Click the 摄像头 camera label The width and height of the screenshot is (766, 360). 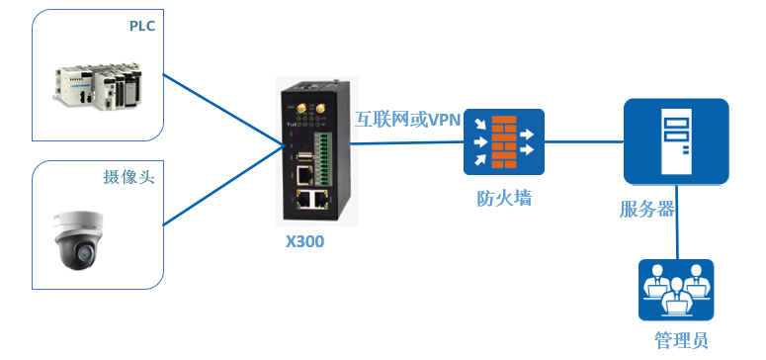coord(129,177)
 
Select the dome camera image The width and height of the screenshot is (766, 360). coord(82,239)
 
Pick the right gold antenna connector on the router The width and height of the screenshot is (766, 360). coord(319,105)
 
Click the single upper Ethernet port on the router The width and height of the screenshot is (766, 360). coord(303,175)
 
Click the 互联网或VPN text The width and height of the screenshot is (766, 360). coord(408,119)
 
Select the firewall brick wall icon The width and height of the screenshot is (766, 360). coord(504,141)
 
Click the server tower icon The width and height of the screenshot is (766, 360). coord(676,141)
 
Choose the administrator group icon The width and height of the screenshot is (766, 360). coord(675,290)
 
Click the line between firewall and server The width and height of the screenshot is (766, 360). coord(583,141)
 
